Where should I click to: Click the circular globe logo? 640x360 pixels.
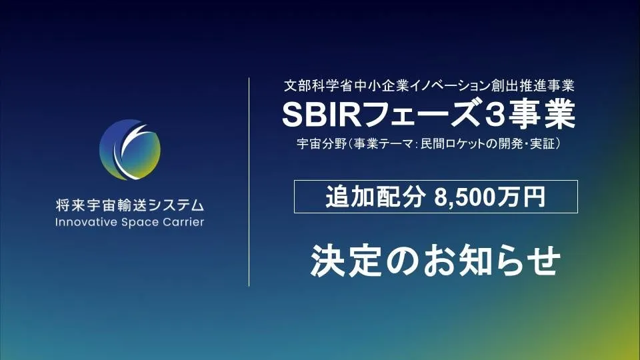(130, 150)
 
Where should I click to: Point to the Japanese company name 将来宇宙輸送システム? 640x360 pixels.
(130, 205)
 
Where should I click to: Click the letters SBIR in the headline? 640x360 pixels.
(322, 115)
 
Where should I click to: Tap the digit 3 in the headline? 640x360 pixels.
(493, 115)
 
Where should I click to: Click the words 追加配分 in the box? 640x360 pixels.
(375, 197)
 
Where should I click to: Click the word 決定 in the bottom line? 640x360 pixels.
(346, 261)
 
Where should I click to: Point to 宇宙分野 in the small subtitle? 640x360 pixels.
(321, 144)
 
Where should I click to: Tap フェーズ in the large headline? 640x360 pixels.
(421, 115)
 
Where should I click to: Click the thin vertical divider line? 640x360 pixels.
(249, 182)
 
